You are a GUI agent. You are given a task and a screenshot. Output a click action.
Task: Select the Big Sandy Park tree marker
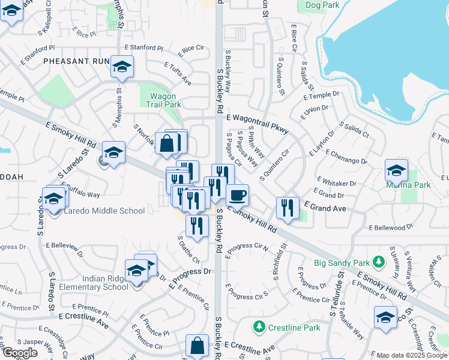pyautogui.click(x=378, y=262)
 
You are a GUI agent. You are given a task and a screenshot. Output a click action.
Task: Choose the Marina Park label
pyautogui.click(x=410, y=185)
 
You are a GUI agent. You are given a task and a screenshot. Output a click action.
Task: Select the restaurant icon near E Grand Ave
pyautogui.click(x=288, y=208)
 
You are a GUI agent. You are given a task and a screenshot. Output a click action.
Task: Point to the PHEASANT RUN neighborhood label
pyautogui.click(x=76, y=61)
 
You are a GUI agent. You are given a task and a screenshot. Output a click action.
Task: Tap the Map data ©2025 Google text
pyautogui.click(x=412, y=355)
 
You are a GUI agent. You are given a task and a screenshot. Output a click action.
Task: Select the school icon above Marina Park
pyautogui.click(x=396, y=170)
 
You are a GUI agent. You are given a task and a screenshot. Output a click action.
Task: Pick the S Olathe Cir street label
pyautogui.click(x=188, y=249)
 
